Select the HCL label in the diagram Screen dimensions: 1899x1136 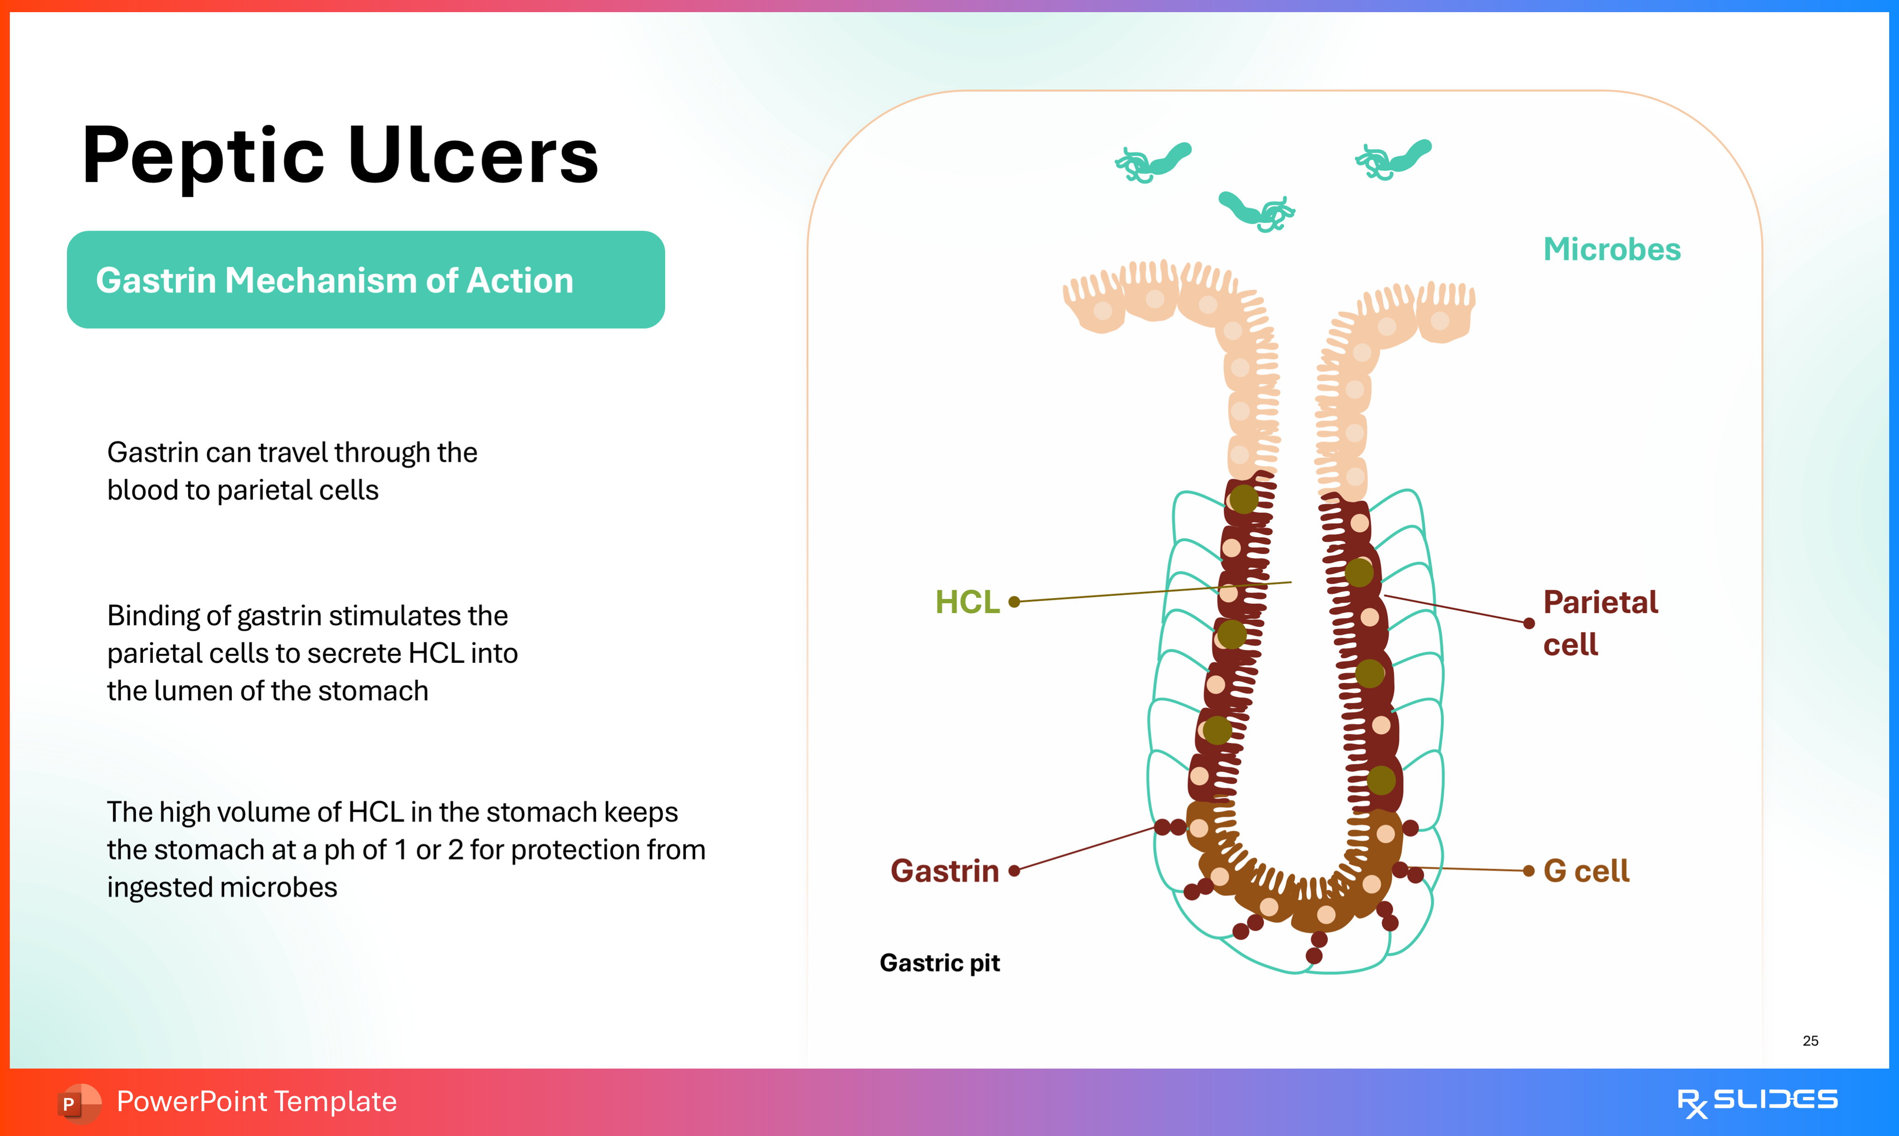tap(967, 602)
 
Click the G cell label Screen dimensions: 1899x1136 tap(1586, 871)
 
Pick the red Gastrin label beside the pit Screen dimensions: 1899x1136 tap(944, 871)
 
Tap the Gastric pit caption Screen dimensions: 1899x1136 tap(940, 962)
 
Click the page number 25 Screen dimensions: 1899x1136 tap(1810, 1040)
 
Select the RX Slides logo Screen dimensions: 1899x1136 tap(1757, 1101)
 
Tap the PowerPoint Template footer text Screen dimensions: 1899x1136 tap(256, 1101)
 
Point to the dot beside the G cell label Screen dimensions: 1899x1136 tap(1529, 871)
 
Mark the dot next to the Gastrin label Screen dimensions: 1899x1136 tap(1015, 871)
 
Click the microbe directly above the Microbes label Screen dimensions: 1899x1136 tap(1394, 160)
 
